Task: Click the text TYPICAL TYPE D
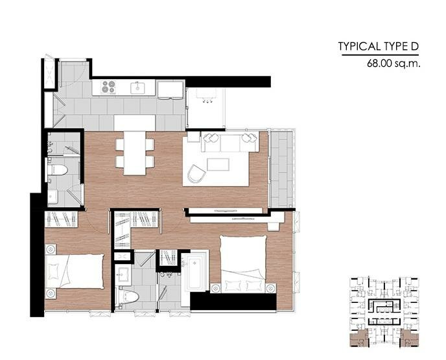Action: [379, 46]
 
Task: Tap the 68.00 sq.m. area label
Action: [393, 63]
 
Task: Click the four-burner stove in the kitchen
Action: [109, 87]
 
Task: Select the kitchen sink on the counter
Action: [137, 88]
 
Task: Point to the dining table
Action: [135, 153]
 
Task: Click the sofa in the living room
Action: [230, 141]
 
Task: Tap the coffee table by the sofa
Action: [218, 165]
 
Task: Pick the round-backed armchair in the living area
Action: [196, 174]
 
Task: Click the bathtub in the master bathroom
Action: [195, 273]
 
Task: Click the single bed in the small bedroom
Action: [75, 271]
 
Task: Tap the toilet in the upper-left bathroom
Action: [57, 170]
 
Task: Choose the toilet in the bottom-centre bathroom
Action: [127, 297]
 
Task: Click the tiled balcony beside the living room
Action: [281, 169]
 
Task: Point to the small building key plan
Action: [384, 312]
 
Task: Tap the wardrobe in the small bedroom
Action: [62, 219]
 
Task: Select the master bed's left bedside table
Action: [215, 288]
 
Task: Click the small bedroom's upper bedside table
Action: [51, 249]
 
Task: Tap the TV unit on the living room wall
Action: [226, 211]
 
